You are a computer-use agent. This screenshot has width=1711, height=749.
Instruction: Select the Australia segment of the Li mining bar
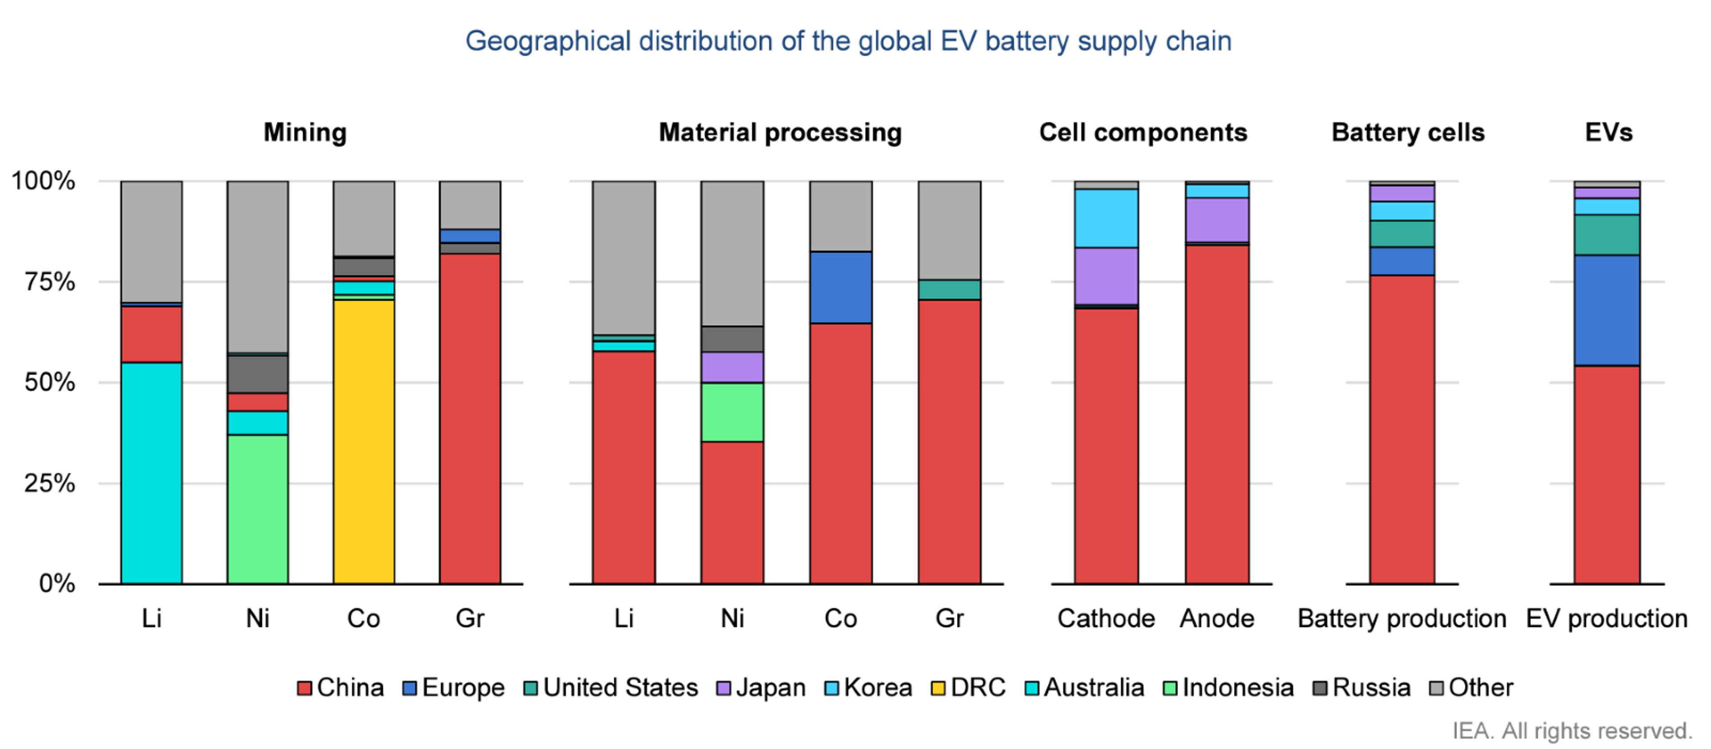[151, 473]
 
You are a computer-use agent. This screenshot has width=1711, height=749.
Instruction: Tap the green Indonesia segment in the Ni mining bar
[258, 509]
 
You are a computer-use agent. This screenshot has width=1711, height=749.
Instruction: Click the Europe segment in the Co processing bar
[840, 287]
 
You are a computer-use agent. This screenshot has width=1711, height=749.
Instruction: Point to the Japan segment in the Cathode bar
[1106, 276]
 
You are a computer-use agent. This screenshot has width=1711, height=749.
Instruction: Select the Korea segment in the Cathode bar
[1106, 218]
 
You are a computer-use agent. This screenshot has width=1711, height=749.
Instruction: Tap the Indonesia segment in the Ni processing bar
[732, 412]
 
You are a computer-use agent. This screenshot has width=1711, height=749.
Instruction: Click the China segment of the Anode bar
[1217, 414]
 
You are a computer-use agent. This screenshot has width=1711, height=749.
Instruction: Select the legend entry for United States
[611, 687]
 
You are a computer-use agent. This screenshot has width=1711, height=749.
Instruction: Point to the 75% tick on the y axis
[50, 282]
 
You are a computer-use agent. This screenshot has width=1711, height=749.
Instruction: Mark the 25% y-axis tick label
[50, 483]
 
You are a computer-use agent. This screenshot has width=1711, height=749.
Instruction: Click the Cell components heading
[1143, 132]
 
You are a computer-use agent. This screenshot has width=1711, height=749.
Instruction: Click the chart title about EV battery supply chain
[848, 41]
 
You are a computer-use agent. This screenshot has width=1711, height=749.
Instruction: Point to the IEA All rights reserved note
[1572, 730]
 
